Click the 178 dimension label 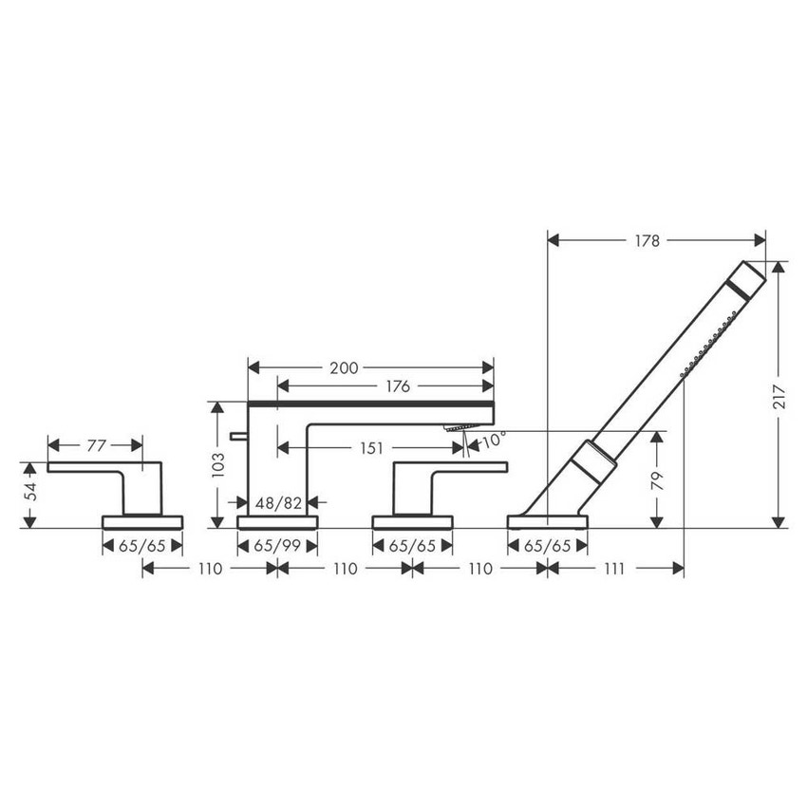pyautogui.click(x=647, y=240)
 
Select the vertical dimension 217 pyautogui.click(x=779, y=396)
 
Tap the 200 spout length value pyautogui.click(x=344, y=368)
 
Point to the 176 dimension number pyautogui.click(x=398, y=386)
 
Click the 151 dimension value pyautogui.click(x=371, y=448)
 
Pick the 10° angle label pyautogui.click(x=493, y=439)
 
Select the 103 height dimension pyautogui.click(x=217, y=465)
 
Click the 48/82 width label pyautogui.click(x=278, y=502)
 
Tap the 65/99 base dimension pyautogui.click(x=277, y=546)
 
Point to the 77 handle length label pyautogui.click(x=96, y=445)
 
